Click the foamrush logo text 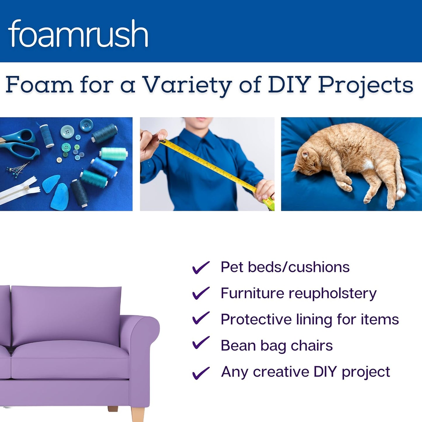coord(78,34)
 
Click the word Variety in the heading coord(187,85)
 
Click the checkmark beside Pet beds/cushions coord(201,267)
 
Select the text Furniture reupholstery coord(298,293)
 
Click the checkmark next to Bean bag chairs coord(201,343)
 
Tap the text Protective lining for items coord(310,319)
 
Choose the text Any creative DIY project coord(305,372)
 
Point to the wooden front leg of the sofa coord(138,414)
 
